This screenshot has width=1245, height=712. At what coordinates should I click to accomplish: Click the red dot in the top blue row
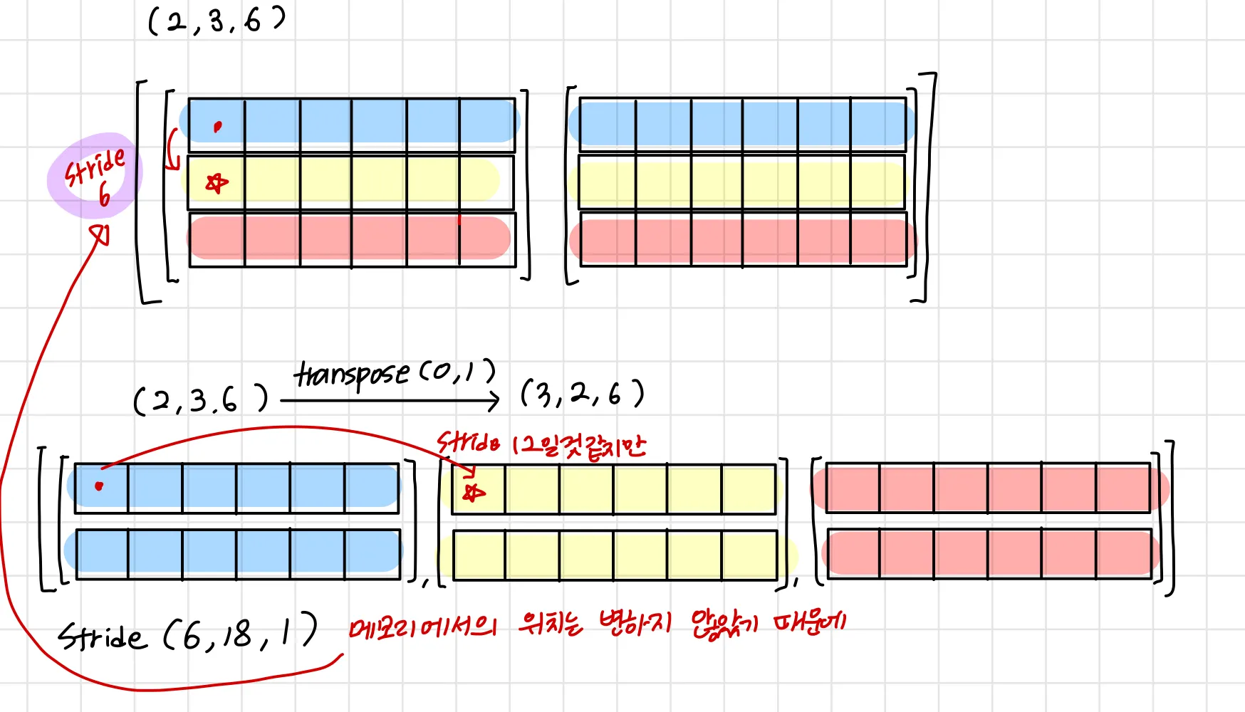tap(217, 127)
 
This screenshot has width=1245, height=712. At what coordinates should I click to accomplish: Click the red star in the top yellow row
tap(217, 183)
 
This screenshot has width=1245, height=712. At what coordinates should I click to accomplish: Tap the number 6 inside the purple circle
tap(105, 194)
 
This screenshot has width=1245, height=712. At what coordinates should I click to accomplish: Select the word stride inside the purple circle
tap(95, 167)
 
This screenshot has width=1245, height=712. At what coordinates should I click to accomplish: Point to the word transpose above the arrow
tap(352, 375)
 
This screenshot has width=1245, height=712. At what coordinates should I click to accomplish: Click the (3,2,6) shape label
tap(582, 393)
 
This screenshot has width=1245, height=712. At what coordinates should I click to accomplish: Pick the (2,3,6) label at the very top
tap(216, 21)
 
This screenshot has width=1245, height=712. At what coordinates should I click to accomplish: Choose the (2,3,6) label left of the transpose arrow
tap(201, 400)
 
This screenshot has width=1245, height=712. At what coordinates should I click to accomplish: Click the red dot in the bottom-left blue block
tap(99, 486)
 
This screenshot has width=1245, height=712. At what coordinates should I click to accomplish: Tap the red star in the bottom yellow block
tap(473, 492)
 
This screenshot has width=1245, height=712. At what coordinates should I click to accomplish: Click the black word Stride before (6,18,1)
tap(102, 636)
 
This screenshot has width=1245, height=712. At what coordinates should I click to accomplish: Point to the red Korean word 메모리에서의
tap(422, 627)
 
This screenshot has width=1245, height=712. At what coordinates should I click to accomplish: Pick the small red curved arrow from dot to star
tap(172, 150)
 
